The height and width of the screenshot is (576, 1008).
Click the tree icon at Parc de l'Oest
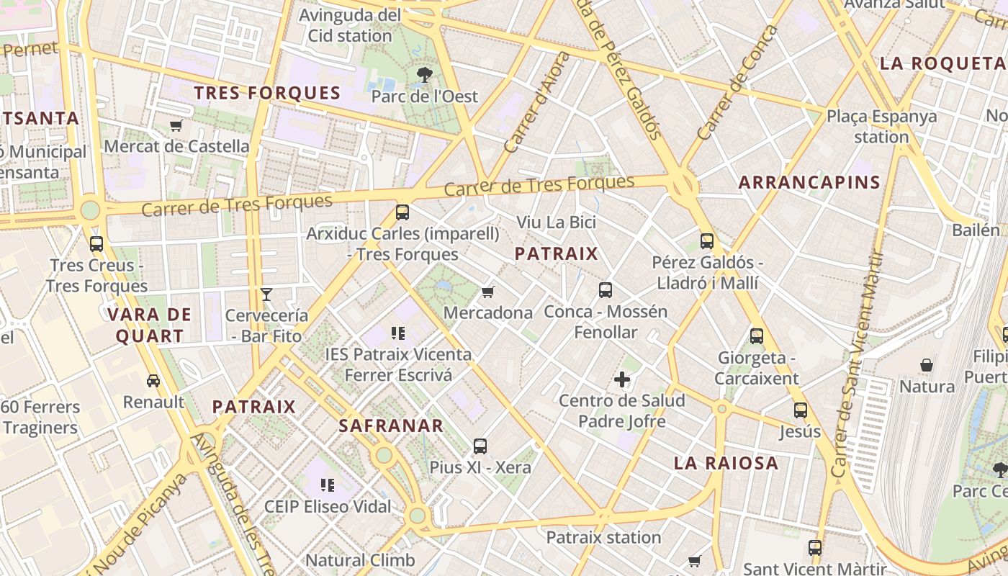point(425,73)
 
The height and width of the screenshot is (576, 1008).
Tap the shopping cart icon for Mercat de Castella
point(176,126)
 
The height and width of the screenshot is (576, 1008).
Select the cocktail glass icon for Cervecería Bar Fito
point(266,294)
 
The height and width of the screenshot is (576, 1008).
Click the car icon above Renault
point(153,380)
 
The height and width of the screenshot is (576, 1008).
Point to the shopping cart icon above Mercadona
point(488,292)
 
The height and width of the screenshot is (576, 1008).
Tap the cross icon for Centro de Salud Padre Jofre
point(622,379)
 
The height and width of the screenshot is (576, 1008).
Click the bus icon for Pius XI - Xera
point(480,446)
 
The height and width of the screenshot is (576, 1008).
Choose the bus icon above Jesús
point(800,410)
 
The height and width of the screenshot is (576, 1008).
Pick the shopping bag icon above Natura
point(927,365)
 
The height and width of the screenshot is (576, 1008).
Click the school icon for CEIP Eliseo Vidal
point(328,485)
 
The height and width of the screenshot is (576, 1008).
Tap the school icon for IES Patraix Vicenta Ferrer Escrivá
point(398,333)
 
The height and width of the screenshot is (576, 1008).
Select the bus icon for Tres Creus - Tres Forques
point(96,243)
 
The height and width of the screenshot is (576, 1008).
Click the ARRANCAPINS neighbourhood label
point(809,182)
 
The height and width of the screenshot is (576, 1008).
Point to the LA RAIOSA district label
point(726,463)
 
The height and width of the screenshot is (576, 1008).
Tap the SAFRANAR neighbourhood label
point(391,426)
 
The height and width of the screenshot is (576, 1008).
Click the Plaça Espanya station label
point(881,126)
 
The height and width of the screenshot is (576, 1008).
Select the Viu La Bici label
point(556,222)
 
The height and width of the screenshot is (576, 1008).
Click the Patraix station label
point(603,537)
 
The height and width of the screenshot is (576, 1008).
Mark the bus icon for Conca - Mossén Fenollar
point(606,290)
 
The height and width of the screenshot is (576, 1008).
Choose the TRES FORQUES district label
point(267,93)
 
